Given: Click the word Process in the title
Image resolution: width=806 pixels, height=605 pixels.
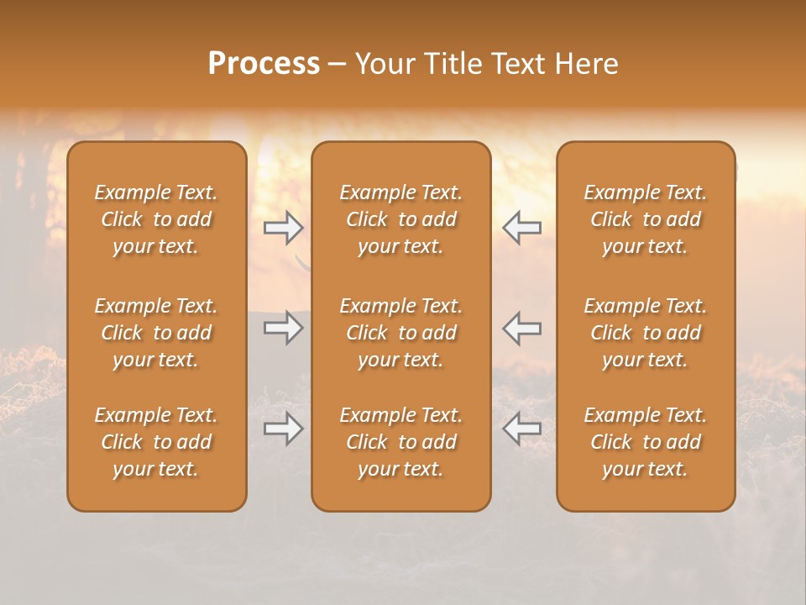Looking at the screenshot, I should [264, 64].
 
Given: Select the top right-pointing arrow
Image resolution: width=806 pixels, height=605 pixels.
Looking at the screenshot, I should [283, 227].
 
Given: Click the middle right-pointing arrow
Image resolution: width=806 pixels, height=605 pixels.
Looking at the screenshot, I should [283, 328].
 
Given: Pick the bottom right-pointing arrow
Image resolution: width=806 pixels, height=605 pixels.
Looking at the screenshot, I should [283, 429].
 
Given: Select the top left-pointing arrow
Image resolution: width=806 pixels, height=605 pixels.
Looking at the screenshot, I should [522, 227].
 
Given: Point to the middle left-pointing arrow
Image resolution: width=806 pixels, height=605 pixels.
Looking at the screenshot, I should [522, 328].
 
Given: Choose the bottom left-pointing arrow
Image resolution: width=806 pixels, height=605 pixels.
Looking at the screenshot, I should [522, 429].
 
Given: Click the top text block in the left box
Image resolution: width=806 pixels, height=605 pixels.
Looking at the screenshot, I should [156, 219].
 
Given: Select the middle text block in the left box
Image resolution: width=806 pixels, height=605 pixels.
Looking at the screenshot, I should [156, 333].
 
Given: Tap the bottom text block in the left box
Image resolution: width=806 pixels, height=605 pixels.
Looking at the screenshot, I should [156, 442].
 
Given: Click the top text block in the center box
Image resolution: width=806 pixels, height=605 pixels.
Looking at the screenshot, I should [401, 219].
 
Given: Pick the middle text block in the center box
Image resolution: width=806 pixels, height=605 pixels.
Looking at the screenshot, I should [401, 333].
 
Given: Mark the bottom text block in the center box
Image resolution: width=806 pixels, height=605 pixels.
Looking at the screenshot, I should [401, 442].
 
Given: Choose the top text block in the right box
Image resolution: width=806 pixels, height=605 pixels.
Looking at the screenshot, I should [646, 219].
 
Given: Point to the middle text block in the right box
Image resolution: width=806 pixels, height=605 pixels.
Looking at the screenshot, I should [646, 333].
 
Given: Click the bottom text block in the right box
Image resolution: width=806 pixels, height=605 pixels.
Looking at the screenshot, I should [646, 442].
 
